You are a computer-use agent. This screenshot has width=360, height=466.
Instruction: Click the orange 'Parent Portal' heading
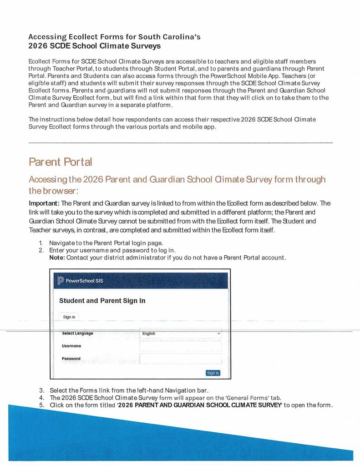tap(60, 162)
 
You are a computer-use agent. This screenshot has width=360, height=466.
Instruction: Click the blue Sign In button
tap(213, 373)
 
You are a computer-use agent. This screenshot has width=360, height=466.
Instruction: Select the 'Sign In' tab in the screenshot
tap(69, 317)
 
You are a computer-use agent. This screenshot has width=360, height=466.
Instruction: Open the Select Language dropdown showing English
tap(180, 334)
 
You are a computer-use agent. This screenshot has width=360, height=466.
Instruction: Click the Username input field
tap(180, 346)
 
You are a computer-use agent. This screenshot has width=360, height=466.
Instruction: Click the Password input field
tap(180, 359)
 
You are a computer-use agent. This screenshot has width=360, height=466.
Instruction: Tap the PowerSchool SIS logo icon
tap(61, 280)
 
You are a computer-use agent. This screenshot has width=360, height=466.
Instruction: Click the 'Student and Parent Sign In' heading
tap(102, 301)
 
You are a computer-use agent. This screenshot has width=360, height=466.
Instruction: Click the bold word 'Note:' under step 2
tap(57, 258)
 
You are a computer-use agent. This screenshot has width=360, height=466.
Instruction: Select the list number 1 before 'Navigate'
tap(41, 243)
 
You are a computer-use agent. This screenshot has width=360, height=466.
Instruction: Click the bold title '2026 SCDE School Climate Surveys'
tap(94, 46)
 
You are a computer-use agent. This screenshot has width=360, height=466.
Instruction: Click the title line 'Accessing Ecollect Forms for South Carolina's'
tap(114, 36)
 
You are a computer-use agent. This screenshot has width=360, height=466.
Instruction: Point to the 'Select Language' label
tap(77, 334)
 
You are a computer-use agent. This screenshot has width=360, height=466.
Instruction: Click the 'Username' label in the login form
tap(71, 346)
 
